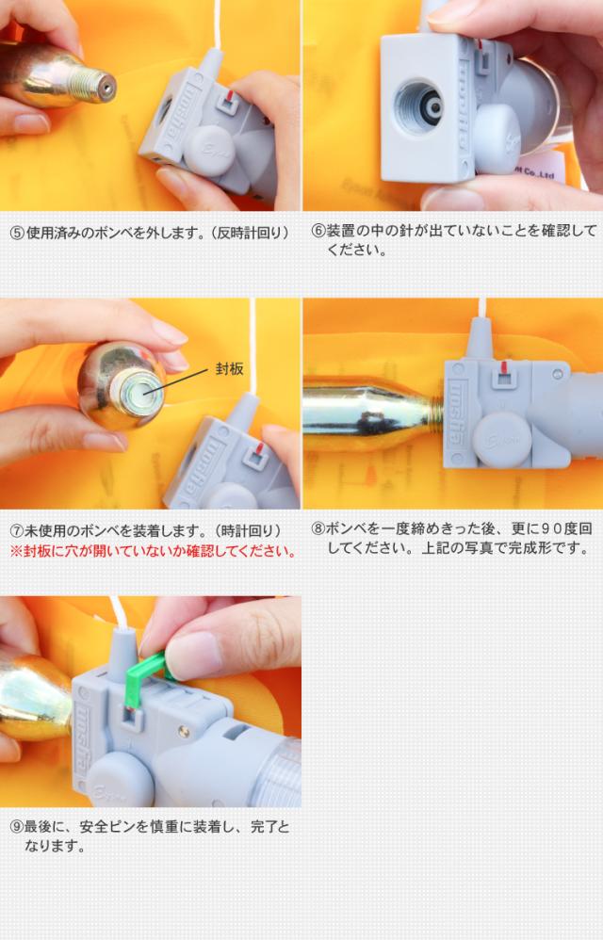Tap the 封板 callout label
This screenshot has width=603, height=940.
pyautogui.click(x=230, y=368)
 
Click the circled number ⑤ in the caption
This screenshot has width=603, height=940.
pyautogui.click(x=17, y=233)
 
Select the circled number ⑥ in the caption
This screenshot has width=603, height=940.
pyautogui.click(x=318, y=231)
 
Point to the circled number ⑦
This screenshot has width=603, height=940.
pyautogui.click(x=17, y=531)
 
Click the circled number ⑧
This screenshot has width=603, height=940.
pyautogui.click(x=318, y=528)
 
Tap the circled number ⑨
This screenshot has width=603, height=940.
pyautogui.click(x=17, y=827)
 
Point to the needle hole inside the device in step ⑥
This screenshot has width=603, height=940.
pyautogui.click(x=432, y=106)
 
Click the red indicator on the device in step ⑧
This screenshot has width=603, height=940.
pyautogui.click(x=504, y=367)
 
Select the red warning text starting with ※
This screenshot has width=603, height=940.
pyautogui.click(x=154, y=551)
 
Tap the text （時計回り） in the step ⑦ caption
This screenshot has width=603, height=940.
pyautogui.click(x=246, y=531)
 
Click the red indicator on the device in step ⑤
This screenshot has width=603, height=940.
pyautogui.click(x=231, y=95)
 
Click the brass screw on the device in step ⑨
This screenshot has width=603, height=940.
pyautogui.click(x=184, y=732)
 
